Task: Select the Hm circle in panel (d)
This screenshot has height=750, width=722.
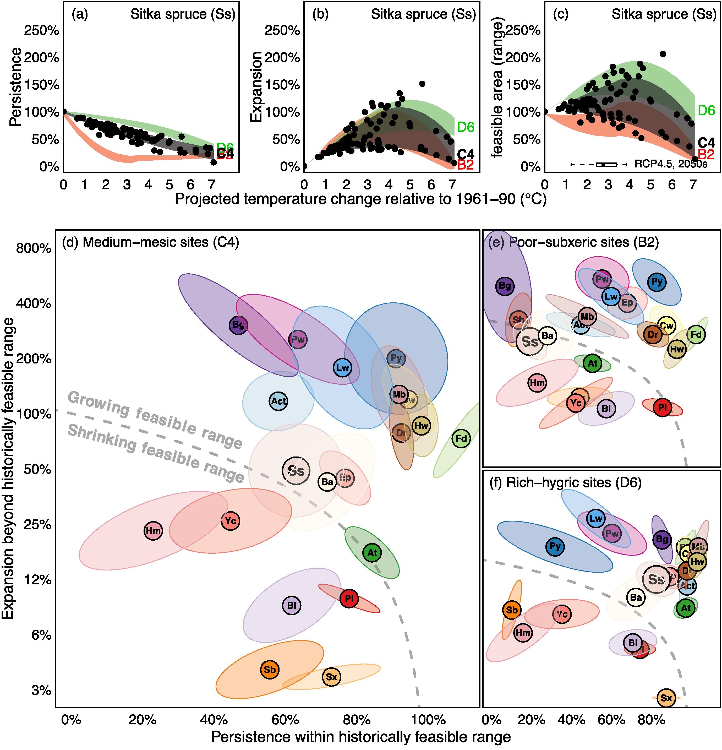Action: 153,531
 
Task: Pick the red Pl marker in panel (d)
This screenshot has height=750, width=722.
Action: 349,599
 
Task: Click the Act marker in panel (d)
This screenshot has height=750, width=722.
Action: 278,401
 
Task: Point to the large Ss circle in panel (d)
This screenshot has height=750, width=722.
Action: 296,471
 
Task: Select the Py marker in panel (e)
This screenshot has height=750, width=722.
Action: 657,282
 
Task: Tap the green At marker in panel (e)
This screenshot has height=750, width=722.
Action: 592,363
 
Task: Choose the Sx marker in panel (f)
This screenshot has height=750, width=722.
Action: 666,698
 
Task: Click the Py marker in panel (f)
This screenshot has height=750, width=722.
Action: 555,546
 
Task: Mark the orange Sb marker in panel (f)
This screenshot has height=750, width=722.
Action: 512,610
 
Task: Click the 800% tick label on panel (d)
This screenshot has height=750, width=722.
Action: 34,248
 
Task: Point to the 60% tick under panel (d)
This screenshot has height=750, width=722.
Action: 285,720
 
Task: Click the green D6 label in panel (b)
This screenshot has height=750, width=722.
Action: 466,127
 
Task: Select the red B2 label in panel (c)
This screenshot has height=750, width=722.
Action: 706,154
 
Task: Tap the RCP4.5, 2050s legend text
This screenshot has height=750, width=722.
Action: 671,164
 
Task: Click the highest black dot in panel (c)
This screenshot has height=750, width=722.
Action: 663,54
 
